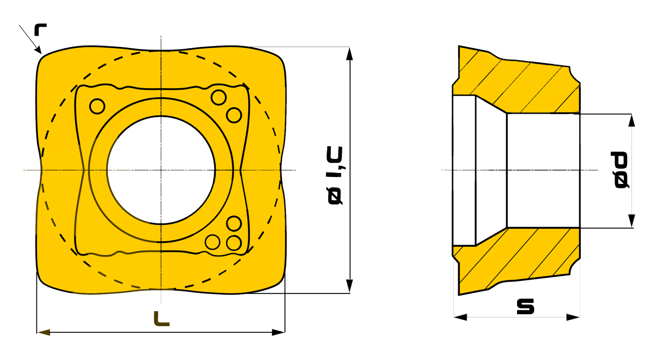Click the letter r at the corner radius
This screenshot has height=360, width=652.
tap(40, 29)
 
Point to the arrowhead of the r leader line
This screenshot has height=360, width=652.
tap(39, 50)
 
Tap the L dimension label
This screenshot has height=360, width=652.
tap(161, 319)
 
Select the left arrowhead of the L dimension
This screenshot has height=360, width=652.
tap(43, 332)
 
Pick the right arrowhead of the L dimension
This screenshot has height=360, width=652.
tap(278, 332)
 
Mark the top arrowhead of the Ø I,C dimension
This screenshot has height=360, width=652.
tap(349, 53)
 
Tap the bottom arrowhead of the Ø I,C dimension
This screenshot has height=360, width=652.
tap(349, 286)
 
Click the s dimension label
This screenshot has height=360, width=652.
tap(526, 307)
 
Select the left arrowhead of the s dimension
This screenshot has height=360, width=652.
tap(460, 317)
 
